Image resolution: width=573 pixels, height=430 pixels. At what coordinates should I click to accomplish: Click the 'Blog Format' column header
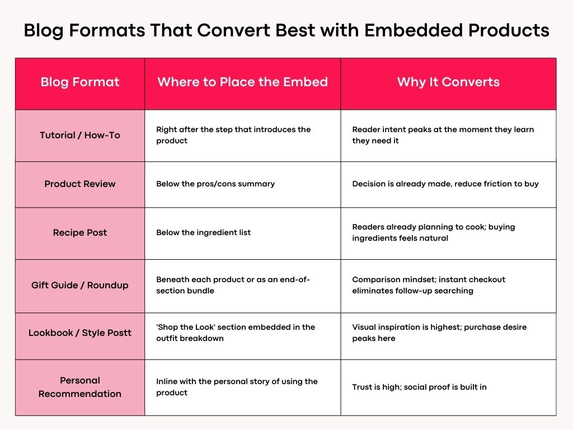tap(80, 82)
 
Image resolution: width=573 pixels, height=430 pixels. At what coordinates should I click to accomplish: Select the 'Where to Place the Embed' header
tap(242, 82)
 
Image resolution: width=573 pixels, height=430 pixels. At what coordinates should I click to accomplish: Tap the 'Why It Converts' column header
tap(448, 82)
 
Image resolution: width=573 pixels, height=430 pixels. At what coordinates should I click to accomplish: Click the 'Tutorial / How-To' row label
tap(80, 135)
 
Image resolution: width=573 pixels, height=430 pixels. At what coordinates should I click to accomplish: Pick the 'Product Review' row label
tap(80, 184)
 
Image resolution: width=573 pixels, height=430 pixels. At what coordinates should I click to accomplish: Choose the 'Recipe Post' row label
tap(80, 232)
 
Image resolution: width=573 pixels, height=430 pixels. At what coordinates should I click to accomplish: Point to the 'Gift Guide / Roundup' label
tap(80, 285)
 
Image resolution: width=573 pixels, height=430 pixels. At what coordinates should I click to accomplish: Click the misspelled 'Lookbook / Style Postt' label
tap(80, 333)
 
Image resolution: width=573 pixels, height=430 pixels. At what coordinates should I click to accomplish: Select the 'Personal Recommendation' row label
tap(80, 387)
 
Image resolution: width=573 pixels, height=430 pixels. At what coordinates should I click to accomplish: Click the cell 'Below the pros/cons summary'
tap(215, 184)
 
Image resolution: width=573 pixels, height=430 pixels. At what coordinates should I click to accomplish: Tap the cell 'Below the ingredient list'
tap(203, 232)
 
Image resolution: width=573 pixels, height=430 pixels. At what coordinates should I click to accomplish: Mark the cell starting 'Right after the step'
tap(233, 135)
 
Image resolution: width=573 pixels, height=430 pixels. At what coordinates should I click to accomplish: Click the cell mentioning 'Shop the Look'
tap(236, 333)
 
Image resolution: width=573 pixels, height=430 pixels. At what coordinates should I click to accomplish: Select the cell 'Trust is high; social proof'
tap(419, 387)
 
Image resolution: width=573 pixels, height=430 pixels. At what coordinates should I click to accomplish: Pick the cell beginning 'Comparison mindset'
tap(429, 285)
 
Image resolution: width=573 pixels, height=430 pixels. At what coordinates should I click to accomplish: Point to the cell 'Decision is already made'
tap(445, 184)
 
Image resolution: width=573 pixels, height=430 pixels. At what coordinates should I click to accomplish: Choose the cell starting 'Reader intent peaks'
tap(443, 135)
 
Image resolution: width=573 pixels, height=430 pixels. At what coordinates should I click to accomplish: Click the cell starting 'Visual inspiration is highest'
tap(439, 333)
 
